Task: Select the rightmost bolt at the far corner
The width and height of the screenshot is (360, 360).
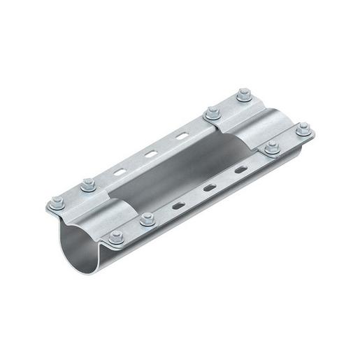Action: coord(303,129)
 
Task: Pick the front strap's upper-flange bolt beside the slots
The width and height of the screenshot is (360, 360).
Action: coord(87,185)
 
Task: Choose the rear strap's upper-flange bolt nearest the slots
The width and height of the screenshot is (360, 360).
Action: coord(210,110)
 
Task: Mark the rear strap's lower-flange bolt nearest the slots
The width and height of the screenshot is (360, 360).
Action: coord(271,147)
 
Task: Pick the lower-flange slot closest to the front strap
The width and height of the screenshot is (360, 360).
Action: coord(180,205)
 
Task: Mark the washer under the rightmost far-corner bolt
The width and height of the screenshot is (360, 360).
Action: coord(303,132)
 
